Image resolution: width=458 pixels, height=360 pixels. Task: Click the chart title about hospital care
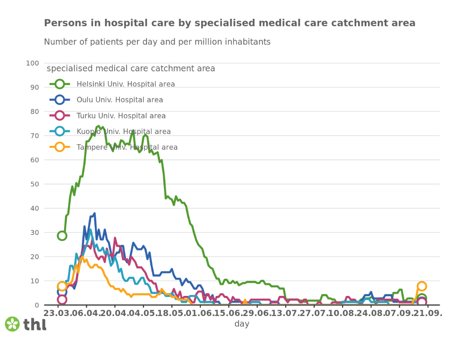[229, 23]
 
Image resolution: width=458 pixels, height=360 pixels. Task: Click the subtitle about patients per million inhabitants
[157, 42]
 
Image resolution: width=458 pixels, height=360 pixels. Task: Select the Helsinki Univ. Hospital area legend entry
[125, 84]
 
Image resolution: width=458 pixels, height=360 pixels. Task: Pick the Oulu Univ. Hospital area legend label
[120, 100]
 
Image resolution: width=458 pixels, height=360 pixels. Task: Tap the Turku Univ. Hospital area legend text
[121, 116]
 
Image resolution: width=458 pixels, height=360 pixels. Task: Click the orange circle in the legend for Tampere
[60, 147]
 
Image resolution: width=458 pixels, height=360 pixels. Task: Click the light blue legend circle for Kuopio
[60, 131]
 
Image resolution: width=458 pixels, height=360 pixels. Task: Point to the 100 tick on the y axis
[33, 63]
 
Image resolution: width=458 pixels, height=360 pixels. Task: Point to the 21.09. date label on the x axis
[426, 314]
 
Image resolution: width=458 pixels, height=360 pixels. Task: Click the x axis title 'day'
[242, 324]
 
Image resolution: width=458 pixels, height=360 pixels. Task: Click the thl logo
[26, 324]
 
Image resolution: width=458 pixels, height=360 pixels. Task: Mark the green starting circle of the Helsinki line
[62, 236]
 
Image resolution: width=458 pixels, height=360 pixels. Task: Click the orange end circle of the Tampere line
[422, 286]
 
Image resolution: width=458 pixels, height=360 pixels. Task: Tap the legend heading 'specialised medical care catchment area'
[131, 69]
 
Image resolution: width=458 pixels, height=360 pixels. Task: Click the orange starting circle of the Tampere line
[62, 286]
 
